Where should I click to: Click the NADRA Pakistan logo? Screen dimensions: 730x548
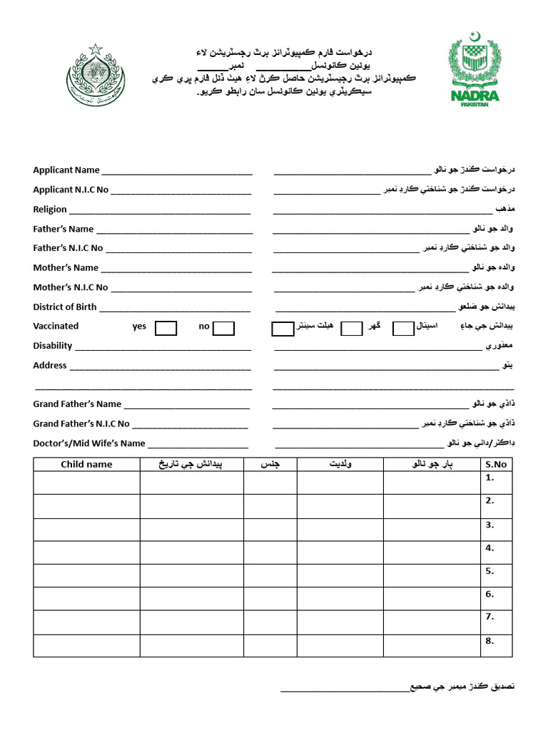tap(475, 71)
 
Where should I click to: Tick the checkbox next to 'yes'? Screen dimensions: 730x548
tap(166, 328)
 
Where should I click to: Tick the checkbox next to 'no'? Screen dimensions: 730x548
tap(223, 328)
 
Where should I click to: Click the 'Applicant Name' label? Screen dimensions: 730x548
tap(66, 170)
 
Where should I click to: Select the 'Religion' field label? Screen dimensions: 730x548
tap(50, 210)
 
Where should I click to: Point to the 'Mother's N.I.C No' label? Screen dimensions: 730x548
tap(71, 287)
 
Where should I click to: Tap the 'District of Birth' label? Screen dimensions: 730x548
tap(65, 307)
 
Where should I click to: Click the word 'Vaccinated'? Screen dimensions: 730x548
tap(56, 327)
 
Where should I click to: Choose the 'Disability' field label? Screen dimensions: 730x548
tap(53, 346)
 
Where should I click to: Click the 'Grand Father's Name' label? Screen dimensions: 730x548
tap(77, 404)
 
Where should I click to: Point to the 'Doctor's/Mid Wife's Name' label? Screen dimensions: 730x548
tap(89, 443)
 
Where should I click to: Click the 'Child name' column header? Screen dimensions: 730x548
tap(86, 465)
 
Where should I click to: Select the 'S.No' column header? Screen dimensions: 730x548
tap(495, 465)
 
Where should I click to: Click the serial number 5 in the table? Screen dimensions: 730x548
tap(489, 571)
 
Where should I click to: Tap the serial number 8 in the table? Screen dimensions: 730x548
tap(489, 641)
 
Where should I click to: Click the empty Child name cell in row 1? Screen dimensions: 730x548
tap(86, 483)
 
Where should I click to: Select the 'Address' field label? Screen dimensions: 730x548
tap(50, 366)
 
